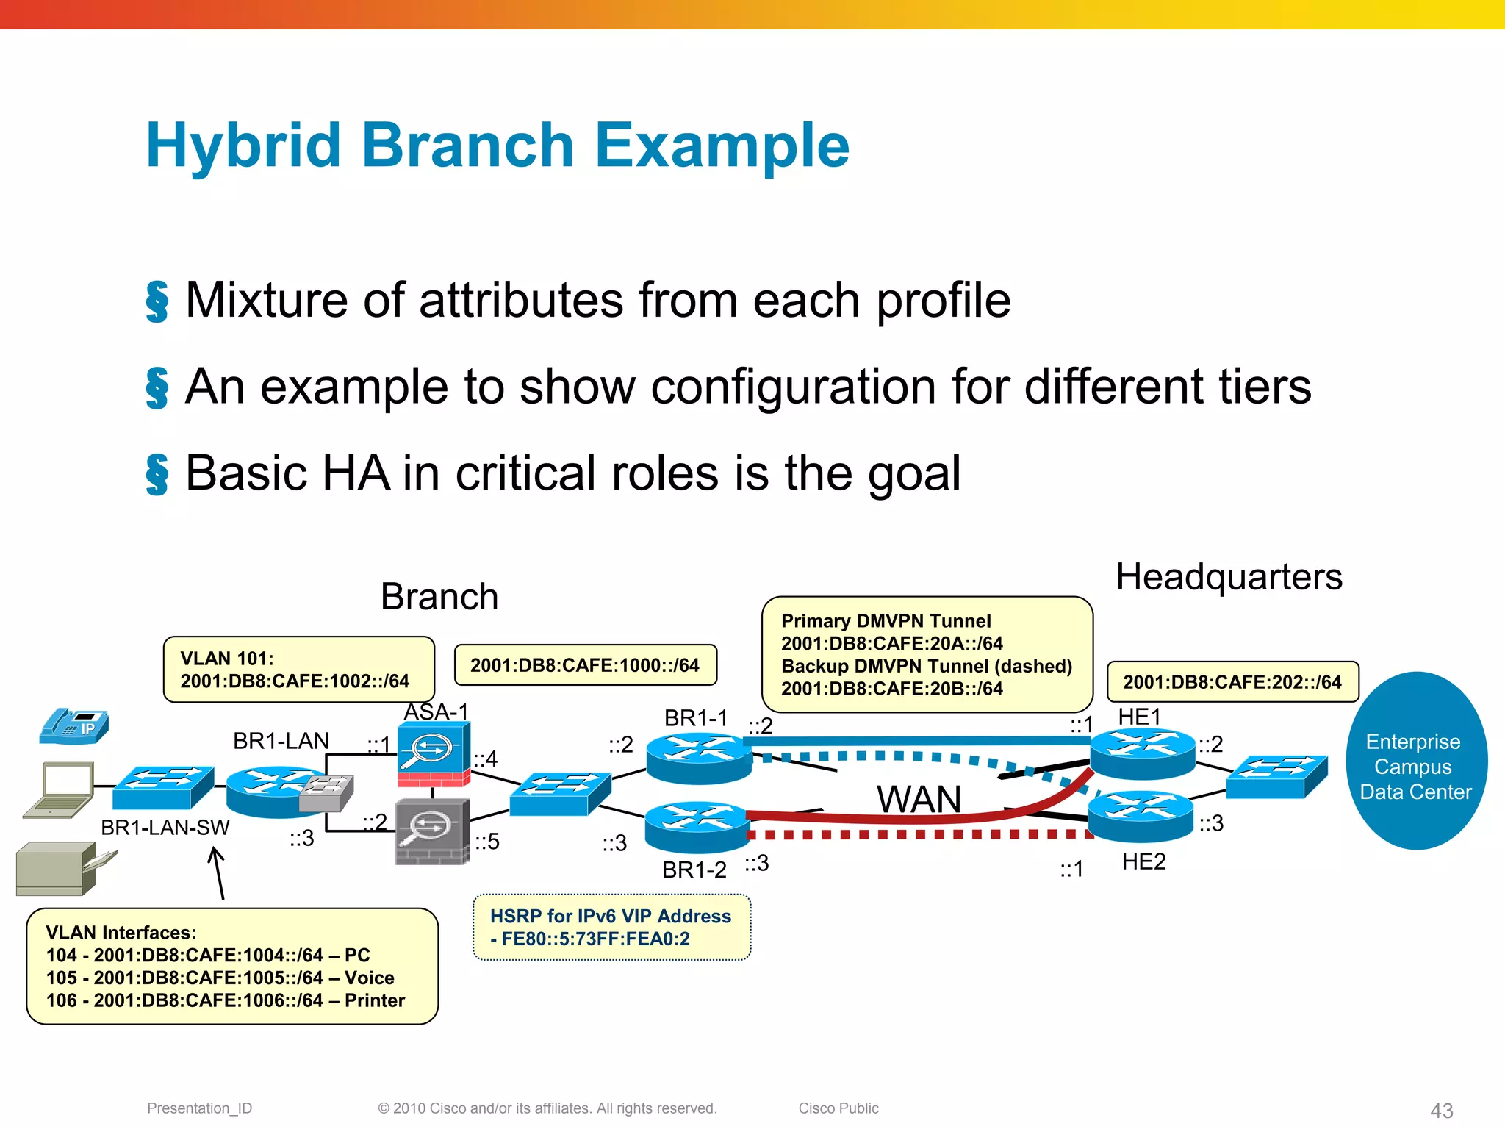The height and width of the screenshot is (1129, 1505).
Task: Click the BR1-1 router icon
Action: [x=699, y=759]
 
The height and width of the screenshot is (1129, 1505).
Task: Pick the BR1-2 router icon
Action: [x=696, y=827]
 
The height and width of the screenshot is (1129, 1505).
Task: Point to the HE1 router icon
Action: [x=1142, y=753]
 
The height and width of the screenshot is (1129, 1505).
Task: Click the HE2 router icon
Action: [x=1141, y=816]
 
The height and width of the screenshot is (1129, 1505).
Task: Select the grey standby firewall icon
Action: [x=432, y=831]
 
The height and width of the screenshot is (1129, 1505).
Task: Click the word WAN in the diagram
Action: [x=919, y=799]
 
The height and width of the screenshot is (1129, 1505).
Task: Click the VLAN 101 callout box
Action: [x=298, y=670]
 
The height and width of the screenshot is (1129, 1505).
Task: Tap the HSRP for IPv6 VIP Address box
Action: [x=611, y=927]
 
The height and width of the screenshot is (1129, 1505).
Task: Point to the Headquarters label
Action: [x=1229, y=577]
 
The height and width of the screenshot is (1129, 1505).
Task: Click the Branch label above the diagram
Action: [x=439, y=596]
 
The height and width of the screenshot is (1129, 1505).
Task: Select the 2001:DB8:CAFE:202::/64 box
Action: [x=1232, y=682]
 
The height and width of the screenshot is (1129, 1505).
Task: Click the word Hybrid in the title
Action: [x=243, y=146]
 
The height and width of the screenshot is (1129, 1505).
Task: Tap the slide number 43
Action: [x=1441, y=1110]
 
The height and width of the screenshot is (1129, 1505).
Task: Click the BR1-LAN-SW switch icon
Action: [x=164, y=788]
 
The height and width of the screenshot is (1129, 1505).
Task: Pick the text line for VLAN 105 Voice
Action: [x=220, y=978]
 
